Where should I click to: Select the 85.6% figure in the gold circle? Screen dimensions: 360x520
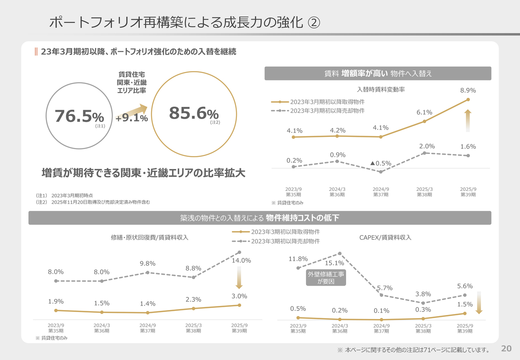(194, 113)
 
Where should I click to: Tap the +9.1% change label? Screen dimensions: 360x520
(131, 118)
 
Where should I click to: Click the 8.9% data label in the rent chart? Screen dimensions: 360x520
(468, 91)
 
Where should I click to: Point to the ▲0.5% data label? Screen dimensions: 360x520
(381, 163)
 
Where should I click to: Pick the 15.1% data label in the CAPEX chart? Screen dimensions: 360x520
(334, 263)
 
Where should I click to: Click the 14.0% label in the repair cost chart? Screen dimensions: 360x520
(241, 260)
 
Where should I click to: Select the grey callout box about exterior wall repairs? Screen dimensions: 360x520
(326, 278)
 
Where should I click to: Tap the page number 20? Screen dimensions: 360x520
(506, 348)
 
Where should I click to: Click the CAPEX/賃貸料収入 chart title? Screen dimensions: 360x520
(385, 237)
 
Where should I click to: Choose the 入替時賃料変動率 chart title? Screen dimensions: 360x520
(381, 90)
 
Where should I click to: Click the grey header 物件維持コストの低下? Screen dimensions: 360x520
(260, 218)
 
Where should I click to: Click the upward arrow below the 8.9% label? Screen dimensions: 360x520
(468, 120)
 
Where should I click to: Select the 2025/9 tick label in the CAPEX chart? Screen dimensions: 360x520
(465, 328)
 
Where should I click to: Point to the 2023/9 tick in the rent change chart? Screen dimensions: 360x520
(293, 192)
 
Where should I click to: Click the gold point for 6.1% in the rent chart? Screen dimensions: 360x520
(425, 121)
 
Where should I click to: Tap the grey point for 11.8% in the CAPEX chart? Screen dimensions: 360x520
(298, 268)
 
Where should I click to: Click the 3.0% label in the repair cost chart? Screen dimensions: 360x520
(239, 296)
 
